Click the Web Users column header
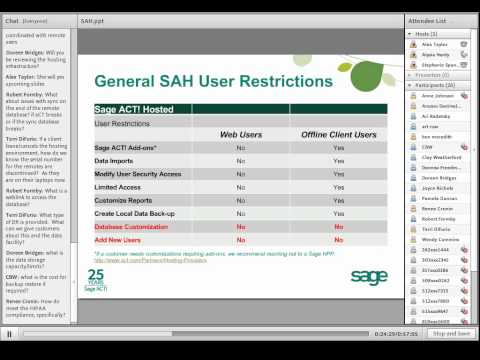click(x=241, y=133)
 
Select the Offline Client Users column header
click(x=339, y=133)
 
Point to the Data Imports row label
click(x=116, y=160)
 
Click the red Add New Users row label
click(x=118, y=240)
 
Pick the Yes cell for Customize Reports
click(x=339, y=200)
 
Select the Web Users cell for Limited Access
click(x=241, y=187)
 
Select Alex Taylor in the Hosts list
click(x=434, y=45)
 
